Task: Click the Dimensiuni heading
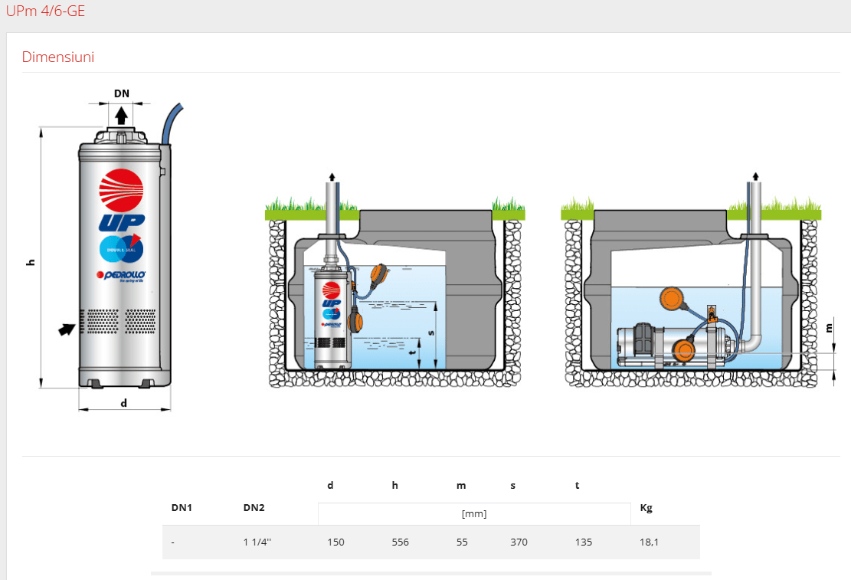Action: (57, 57)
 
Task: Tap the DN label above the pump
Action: (122, 94)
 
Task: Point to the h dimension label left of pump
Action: (31, 262)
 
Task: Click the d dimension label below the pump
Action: (124, 403)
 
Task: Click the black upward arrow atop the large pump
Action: (122, 115)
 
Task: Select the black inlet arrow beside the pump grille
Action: (68, 329)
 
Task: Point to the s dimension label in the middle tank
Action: (430, 333)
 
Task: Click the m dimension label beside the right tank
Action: (829, 327)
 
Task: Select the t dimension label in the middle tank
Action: (413, 352)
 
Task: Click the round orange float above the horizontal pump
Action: (673, 298)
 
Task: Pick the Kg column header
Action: (646, 507)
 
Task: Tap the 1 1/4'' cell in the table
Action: (257, 542)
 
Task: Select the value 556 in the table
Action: (400, 542)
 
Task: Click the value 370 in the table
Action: (519, 542)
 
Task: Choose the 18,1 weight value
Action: (649, 542)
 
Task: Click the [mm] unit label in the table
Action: (474, 514)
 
